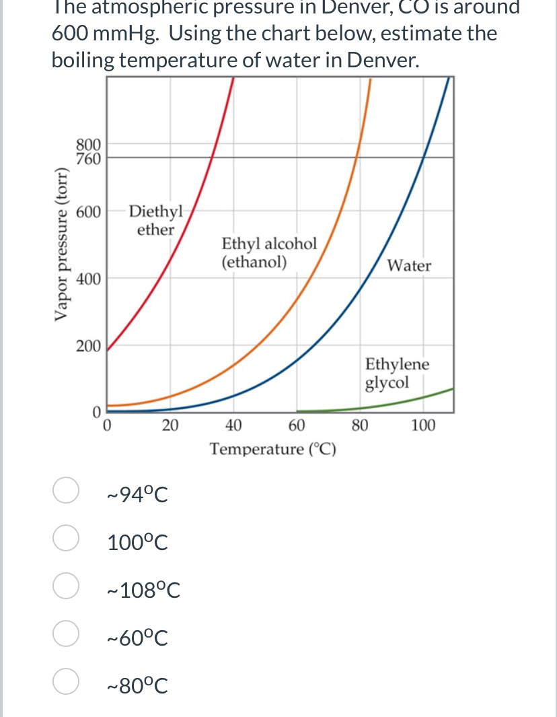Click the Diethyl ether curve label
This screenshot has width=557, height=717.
155,220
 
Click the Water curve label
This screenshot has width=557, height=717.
410,266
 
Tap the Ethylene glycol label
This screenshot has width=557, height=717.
397,374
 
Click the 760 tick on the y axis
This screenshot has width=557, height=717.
89,159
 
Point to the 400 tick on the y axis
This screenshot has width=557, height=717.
89,279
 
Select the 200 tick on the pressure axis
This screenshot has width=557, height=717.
89,346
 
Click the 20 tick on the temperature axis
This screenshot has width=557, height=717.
170,425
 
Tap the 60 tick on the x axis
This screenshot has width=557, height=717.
296,425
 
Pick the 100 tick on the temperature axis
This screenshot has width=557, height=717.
423,425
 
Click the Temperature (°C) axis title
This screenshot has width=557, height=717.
273,449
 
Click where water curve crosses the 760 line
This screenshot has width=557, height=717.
423,158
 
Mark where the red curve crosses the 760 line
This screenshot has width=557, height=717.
213,158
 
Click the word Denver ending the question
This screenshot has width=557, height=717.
380,60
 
